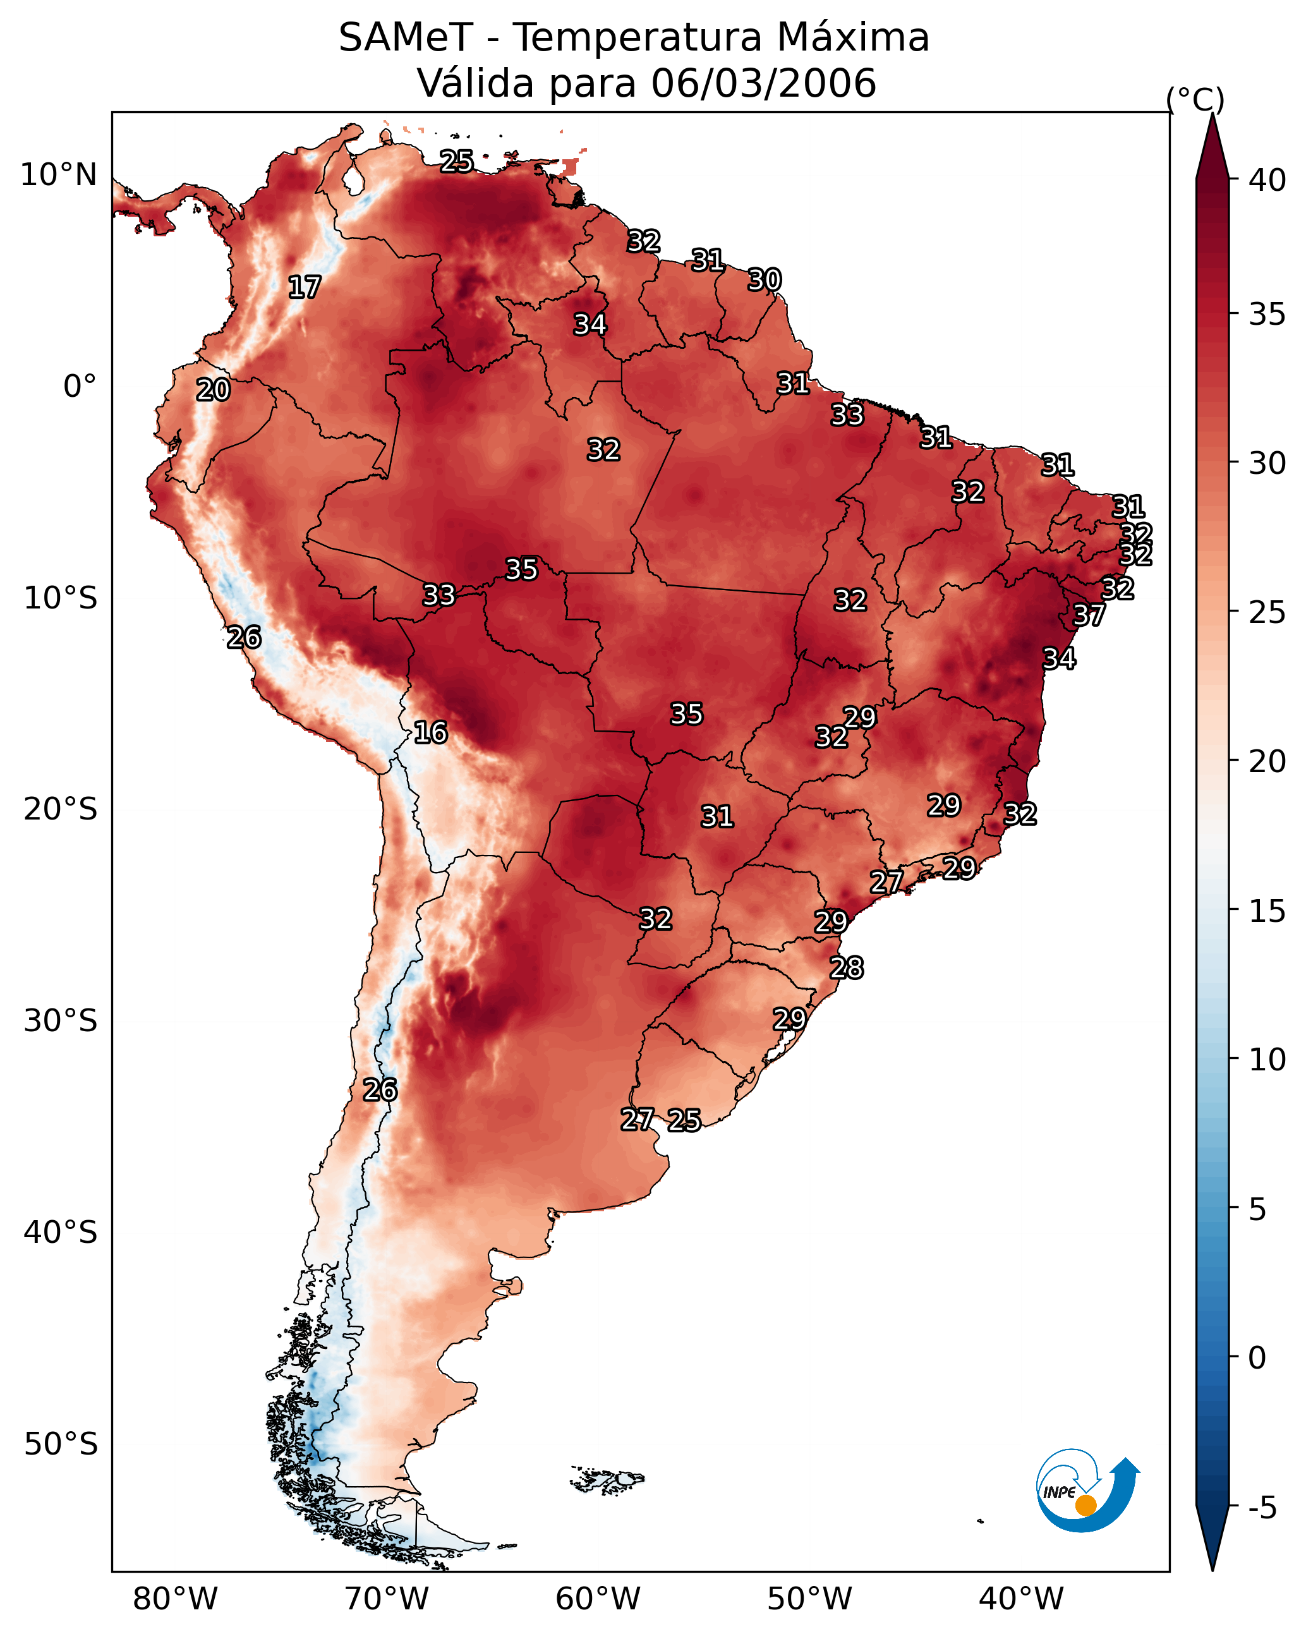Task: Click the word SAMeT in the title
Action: click(x=406, y=38)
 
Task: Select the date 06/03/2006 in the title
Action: click(x=763, y=83)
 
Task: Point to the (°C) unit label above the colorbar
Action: click(x=1195, y=99)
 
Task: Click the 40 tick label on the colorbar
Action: click(x=1267, y=180)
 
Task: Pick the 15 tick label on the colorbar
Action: click(x=1267, y=911)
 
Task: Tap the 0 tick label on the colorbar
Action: click(x=1257, y=1358)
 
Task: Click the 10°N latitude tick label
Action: click(x=58, y=175)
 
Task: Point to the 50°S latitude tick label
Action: click(x=61, y=1444)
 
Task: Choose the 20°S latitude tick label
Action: click(x=61, y=809)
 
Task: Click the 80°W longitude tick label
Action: click(x=175, y=1600)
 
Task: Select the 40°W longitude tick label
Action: click(x=1021, y=1600)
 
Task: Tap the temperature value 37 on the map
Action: click(x=1089, y=615)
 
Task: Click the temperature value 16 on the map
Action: click(x=430, y=733)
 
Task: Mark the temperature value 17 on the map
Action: click(x=305, y=287)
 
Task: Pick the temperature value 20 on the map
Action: click(x=213, y=390)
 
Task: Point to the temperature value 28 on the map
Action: click(x=847, y=968)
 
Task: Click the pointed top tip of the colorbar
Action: click(x=1212, y=114)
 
